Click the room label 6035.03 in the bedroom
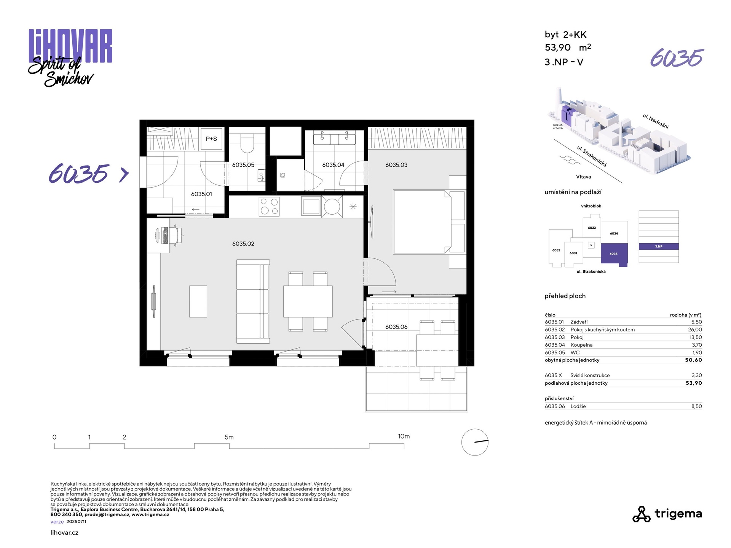tap(396, 165)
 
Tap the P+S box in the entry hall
tap(212, 139)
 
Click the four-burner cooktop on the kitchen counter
tap(269, 207)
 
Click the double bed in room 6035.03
tap(423, 222)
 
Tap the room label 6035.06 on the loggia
tap(396, 327)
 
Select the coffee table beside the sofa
tap(198, 301)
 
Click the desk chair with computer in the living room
tap(169, 235)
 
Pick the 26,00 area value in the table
tap(695, 330)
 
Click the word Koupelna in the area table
tap(581, 345)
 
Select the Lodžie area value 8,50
tap(697, 406)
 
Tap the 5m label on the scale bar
tap(229, 437)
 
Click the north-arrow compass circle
tap(475, 442)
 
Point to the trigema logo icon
tap(642, 514)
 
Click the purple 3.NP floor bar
tap(659, 247)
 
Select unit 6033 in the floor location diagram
tap(592, 228)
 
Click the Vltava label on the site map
tap(583, 177)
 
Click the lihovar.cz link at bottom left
tap(64, 533)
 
